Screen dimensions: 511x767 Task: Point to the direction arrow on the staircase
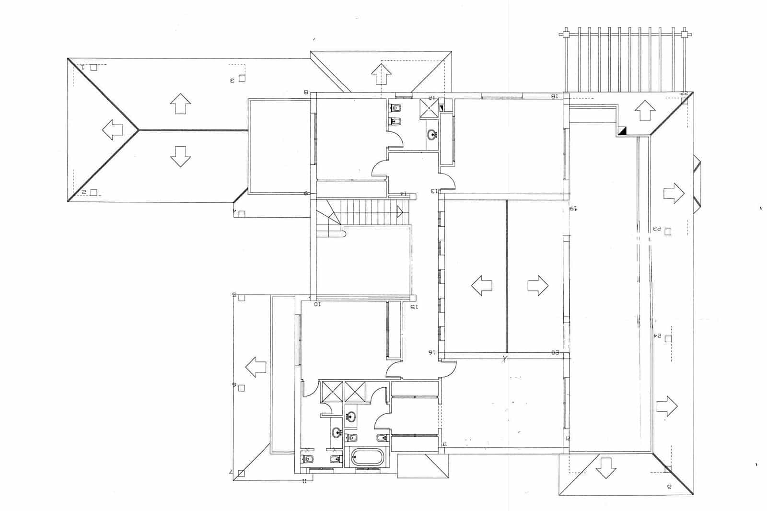pyautogui.click(x=399, y=211)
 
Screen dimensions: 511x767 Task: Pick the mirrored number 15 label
pyautogui.click(x=414, y=307)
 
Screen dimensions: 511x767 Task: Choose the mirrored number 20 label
pyautogui.click(x=555, y=353)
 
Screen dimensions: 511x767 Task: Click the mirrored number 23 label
pyautogui.click(x=656, y=229)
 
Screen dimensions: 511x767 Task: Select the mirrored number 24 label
pyautogui.click(x=656, y=336)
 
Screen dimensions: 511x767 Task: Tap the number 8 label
pyautogui.click(x=305, y=92)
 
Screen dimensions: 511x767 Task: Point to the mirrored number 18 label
pyautogui.click(x=555, y=96)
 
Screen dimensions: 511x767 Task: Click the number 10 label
pyautogui.click(x=317, y=304)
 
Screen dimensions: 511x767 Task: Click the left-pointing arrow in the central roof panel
pyautogui.click(x=482, y=286)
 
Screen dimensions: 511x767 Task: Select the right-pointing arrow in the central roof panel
pyautogui.click(x=537, y=286)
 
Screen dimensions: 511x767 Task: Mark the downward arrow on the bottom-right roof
pyautogui.click(x=606, y=467)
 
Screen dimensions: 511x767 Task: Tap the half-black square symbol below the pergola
pyautogui.click(x=623, y=130)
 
